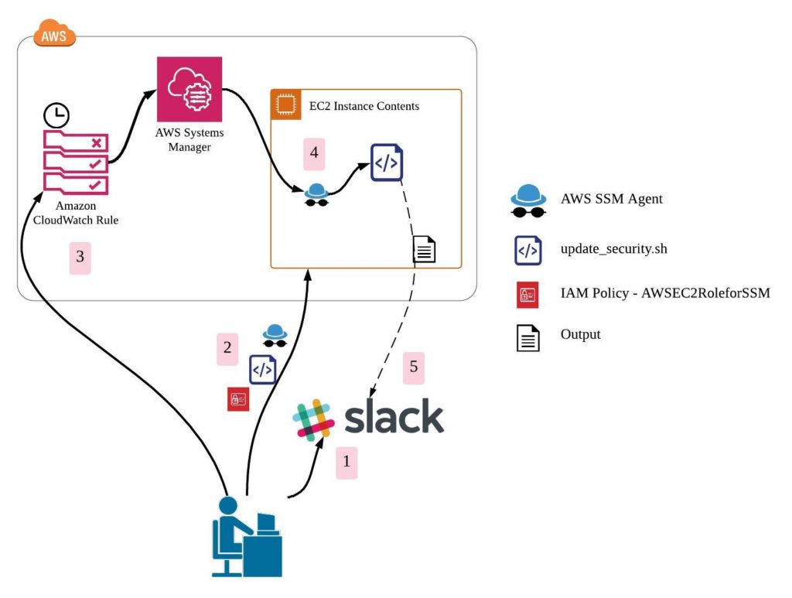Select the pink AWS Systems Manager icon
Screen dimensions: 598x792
pyautogui.click(x=189, y=89)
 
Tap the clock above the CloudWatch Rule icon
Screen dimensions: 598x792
pyautogui.click(x=56, y=116)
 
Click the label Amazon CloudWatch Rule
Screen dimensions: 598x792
pyautogui.click(x=76, y=213)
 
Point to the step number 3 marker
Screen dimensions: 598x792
pyautogui.click(x=80, y=258)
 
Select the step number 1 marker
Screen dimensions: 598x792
pyautogui.click(x=346, y=463)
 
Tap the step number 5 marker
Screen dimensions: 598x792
pyautogui.click(x=414, y=367)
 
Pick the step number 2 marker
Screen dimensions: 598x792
pyautogui.click(x=227, y=348)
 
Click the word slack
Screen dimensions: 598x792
pyautogui.click(x=394, y=418)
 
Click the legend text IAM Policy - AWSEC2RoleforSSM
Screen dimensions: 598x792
pyautogui.click(x=664, y=293)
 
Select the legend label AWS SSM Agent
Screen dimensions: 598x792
pyautogui.click(x=611, y=199)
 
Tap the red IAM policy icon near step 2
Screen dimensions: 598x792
pyautogui.click(x=237, y=400)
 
